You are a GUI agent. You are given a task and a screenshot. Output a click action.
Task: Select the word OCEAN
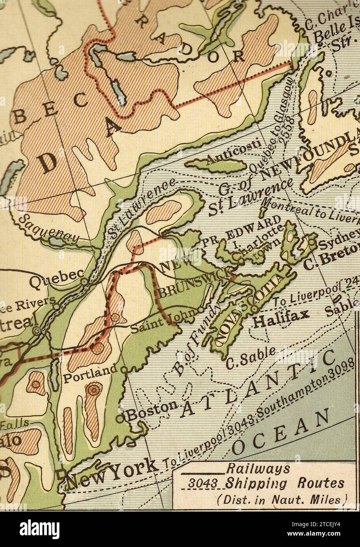pyautogui.click(x=281, y=433)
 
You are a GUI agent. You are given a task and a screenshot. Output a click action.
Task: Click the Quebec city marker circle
pyautogui.click(x=84, y=282)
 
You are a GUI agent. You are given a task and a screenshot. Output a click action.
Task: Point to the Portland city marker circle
pyautogui.click(x=124, y=370)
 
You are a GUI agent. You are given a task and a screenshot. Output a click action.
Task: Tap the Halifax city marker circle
pyautogui.click(x=255, y=308)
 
